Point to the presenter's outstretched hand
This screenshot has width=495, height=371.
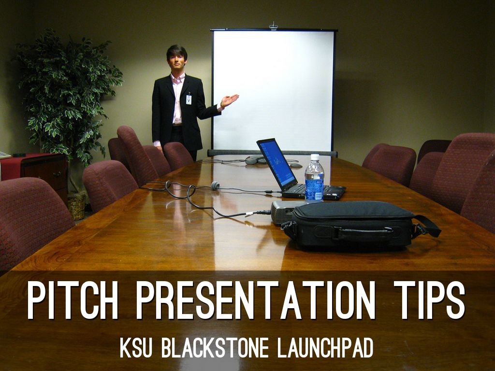(230, 100)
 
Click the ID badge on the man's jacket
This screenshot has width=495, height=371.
(189, 100)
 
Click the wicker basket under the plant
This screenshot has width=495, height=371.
(76, 206)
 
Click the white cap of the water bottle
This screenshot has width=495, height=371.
(315, 157)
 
